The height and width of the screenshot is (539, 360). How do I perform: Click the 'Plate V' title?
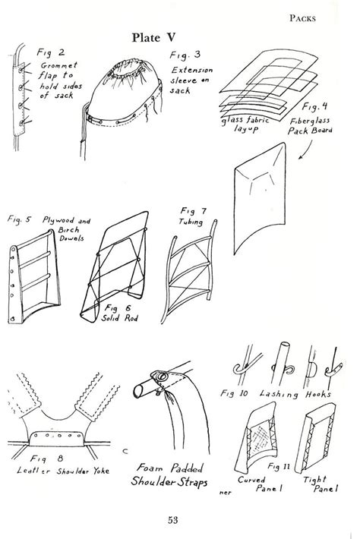point(155,37)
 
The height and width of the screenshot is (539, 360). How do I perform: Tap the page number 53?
point(180,519)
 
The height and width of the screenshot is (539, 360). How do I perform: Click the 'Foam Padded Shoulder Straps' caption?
point(174,476)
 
